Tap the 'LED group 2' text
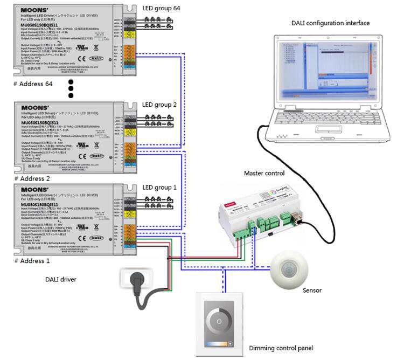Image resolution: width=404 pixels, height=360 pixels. tap(159, 104)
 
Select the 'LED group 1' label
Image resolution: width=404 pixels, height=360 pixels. tap(159, 187)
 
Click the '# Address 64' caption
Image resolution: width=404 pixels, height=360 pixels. tap(33, 84)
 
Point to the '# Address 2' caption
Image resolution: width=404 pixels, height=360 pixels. tap(32, 178)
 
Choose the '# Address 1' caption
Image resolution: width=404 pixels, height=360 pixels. tap(31, 260)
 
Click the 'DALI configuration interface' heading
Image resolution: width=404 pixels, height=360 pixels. tap(330, 23)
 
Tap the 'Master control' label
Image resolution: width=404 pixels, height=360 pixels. tap(264, 174)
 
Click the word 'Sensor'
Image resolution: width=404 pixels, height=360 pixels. tap(312, 290)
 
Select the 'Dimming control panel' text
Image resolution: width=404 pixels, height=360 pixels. tap(281, 348)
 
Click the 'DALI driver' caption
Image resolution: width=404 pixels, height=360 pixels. tap(60, 279)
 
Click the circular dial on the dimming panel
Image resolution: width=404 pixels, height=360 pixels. tap(219, 321)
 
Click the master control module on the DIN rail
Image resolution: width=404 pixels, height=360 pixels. tap(260, 211)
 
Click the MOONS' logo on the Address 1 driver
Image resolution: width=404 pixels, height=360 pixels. tap(35, 190)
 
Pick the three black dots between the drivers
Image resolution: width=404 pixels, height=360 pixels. tap(70, 88)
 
